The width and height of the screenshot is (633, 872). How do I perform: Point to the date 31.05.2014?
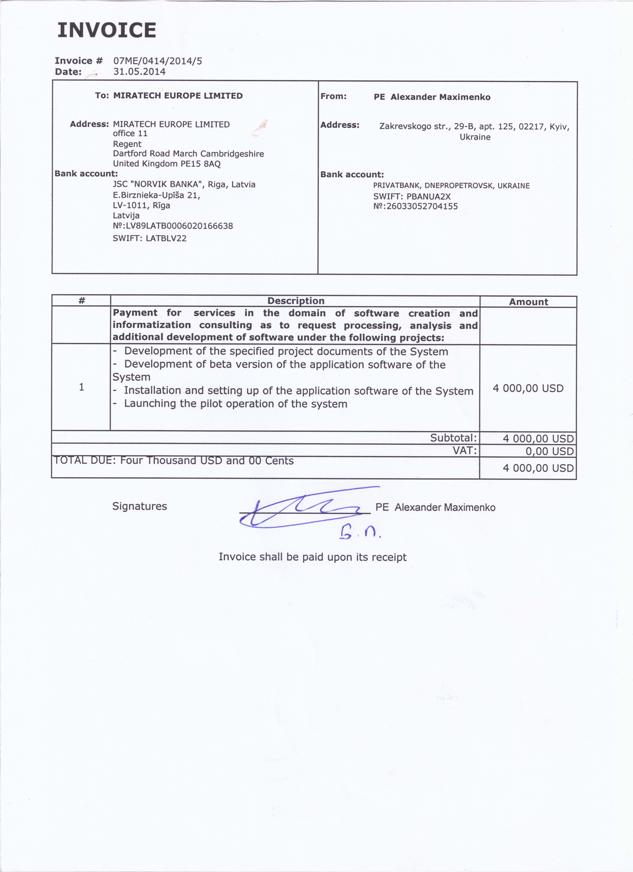click(x=139, y=71)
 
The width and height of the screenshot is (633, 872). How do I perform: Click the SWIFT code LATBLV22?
click(x=166, y=238)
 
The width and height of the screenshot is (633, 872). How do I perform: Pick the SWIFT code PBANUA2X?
click(x=428, y=196)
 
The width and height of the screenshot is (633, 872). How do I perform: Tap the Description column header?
click(x=295, y=301)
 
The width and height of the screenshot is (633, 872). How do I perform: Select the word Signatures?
click(x=140, y=506)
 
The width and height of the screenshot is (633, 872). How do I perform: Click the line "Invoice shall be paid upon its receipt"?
click(x=313, y=557)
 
